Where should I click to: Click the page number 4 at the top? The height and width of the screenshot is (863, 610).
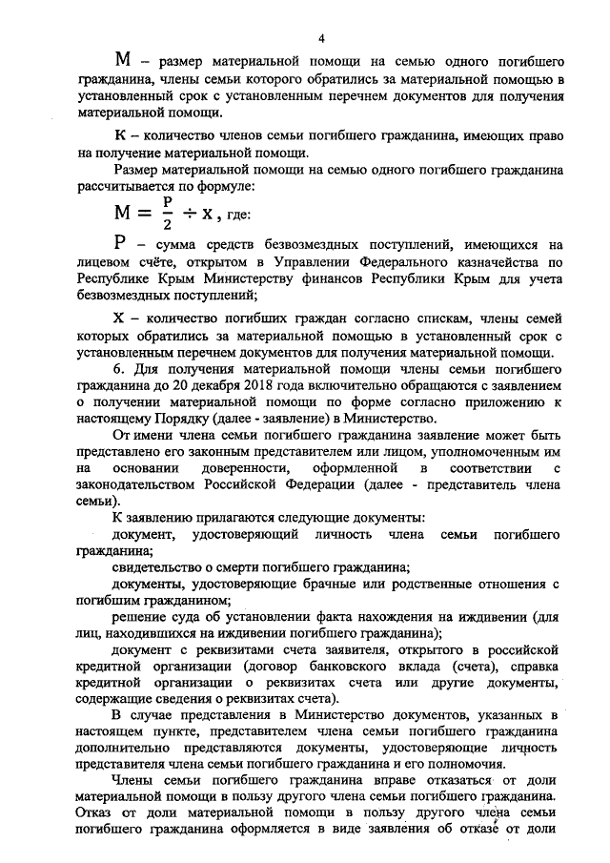[321, 39]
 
